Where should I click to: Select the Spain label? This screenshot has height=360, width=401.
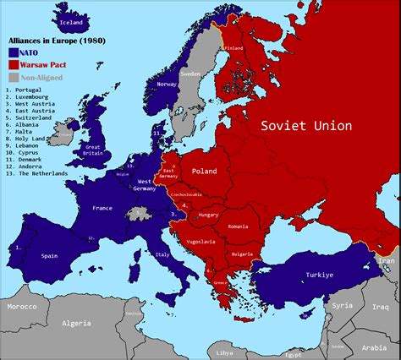pyautogui.click(x=49, y=254)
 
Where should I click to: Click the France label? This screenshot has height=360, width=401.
pyautogui.click(x=102, y=207)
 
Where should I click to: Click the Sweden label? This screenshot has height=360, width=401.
pyautogui.click(x=190, y=74)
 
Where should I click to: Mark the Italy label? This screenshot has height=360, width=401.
pyautogui.click(x=162, y=254)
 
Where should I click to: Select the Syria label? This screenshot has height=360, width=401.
pyautogui.click(x=343, y=304)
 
